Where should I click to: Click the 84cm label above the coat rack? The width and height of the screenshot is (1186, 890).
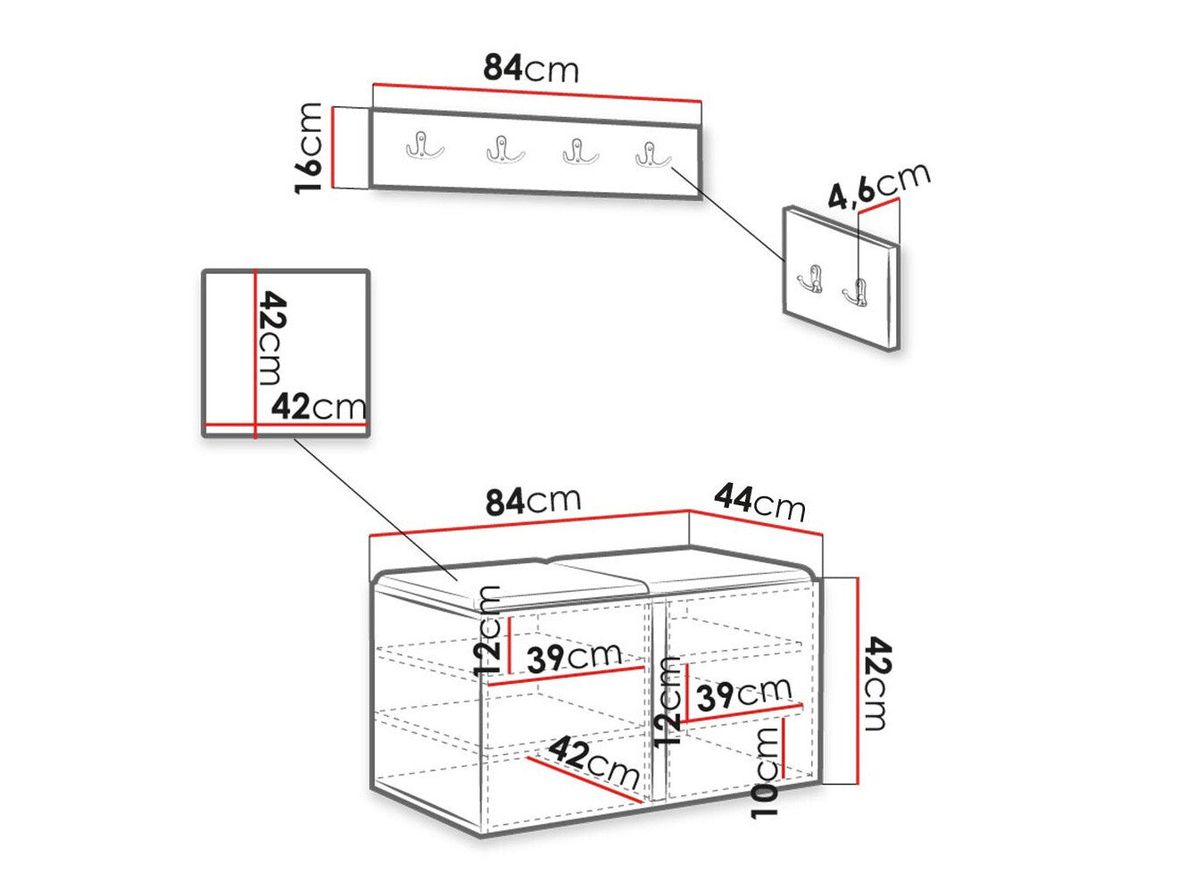point(530,69)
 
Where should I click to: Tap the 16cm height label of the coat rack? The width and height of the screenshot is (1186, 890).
point(309,147)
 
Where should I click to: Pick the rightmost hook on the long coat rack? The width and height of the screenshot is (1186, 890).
point(652,154)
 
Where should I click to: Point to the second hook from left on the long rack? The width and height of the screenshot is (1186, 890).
point(505,148)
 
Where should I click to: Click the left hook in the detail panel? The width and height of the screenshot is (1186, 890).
point(810,279)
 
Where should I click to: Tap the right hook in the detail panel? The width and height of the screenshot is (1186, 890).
point(855,294)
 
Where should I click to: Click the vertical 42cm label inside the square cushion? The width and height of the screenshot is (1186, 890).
point(271,337)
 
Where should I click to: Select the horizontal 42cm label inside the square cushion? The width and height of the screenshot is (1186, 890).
point(319,406)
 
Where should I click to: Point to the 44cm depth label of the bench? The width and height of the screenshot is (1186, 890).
point(759,503)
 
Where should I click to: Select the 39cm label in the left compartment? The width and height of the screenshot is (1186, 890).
point(574,658)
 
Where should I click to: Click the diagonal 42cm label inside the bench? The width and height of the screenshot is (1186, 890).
point(593,761)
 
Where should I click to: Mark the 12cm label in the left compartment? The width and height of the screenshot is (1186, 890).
point(487,630)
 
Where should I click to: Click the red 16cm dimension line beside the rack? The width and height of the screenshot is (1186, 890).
point(334,147)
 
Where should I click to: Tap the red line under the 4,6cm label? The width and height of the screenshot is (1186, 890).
point(879,206)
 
